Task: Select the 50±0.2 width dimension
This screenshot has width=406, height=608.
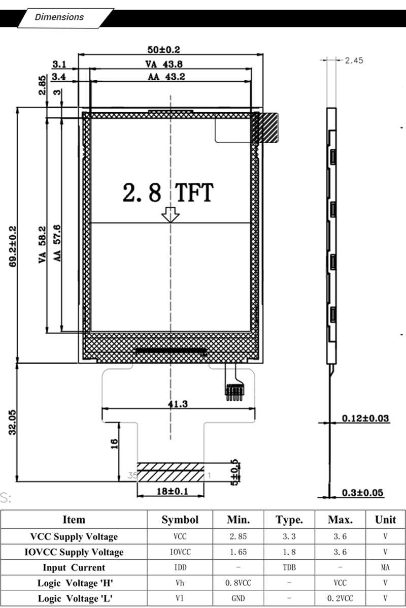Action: pyautogui.click(x=164, y=50)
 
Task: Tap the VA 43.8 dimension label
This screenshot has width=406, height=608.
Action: pyautogui.click(x=164, y=64)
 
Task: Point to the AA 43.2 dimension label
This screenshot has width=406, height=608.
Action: pyautogui.click(x=166, y=76)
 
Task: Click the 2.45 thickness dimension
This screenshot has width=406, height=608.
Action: pyautogui.click(x=354, y=60)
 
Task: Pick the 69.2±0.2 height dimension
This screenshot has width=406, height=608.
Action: pyautogui.click(x=13, y=246)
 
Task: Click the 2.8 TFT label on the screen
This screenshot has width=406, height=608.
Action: pyautogui.click(x=168, y=193)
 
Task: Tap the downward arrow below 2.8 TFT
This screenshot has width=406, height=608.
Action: pyautogui.click(x=170, y=215)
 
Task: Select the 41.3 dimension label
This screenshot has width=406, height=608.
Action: pyautogui.click(x=178, y=404)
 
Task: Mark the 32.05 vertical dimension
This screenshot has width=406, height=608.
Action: pyautogui.click(x=12, y=422)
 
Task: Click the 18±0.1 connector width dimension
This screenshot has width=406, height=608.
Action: pyautogui.click(x=173, y=491)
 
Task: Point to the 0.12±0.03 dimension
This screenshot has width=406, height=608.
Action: pyautogui.click(x=365, y=418)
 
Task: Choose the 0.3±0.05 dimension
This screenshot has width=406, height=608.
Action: pyautogui.click(x=363, y=493)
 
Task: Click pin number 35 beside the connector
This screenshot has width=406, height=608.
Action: pyautogui.click(x=132, y=475)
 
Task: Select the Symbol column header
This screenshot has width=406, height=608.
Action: pyautogui.click(x=180, y=520)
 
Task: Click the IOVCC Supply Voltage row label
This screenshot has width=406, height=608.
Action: pyautogui.click(x=74, y=552)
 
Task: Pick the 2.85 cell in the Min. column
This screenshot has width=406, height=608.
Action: pyautogui.click(x=238, y=536)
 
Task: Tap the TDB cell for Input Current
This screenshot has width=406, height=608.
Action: pyautogui.click(x=289, y=567)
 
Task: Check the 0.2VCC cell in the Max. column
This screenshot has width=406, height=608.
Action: pyautogui.click(x=340, y=598)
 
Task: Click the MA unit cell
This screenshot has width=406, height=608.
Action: pyautogui.click(x=385, y=567)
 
